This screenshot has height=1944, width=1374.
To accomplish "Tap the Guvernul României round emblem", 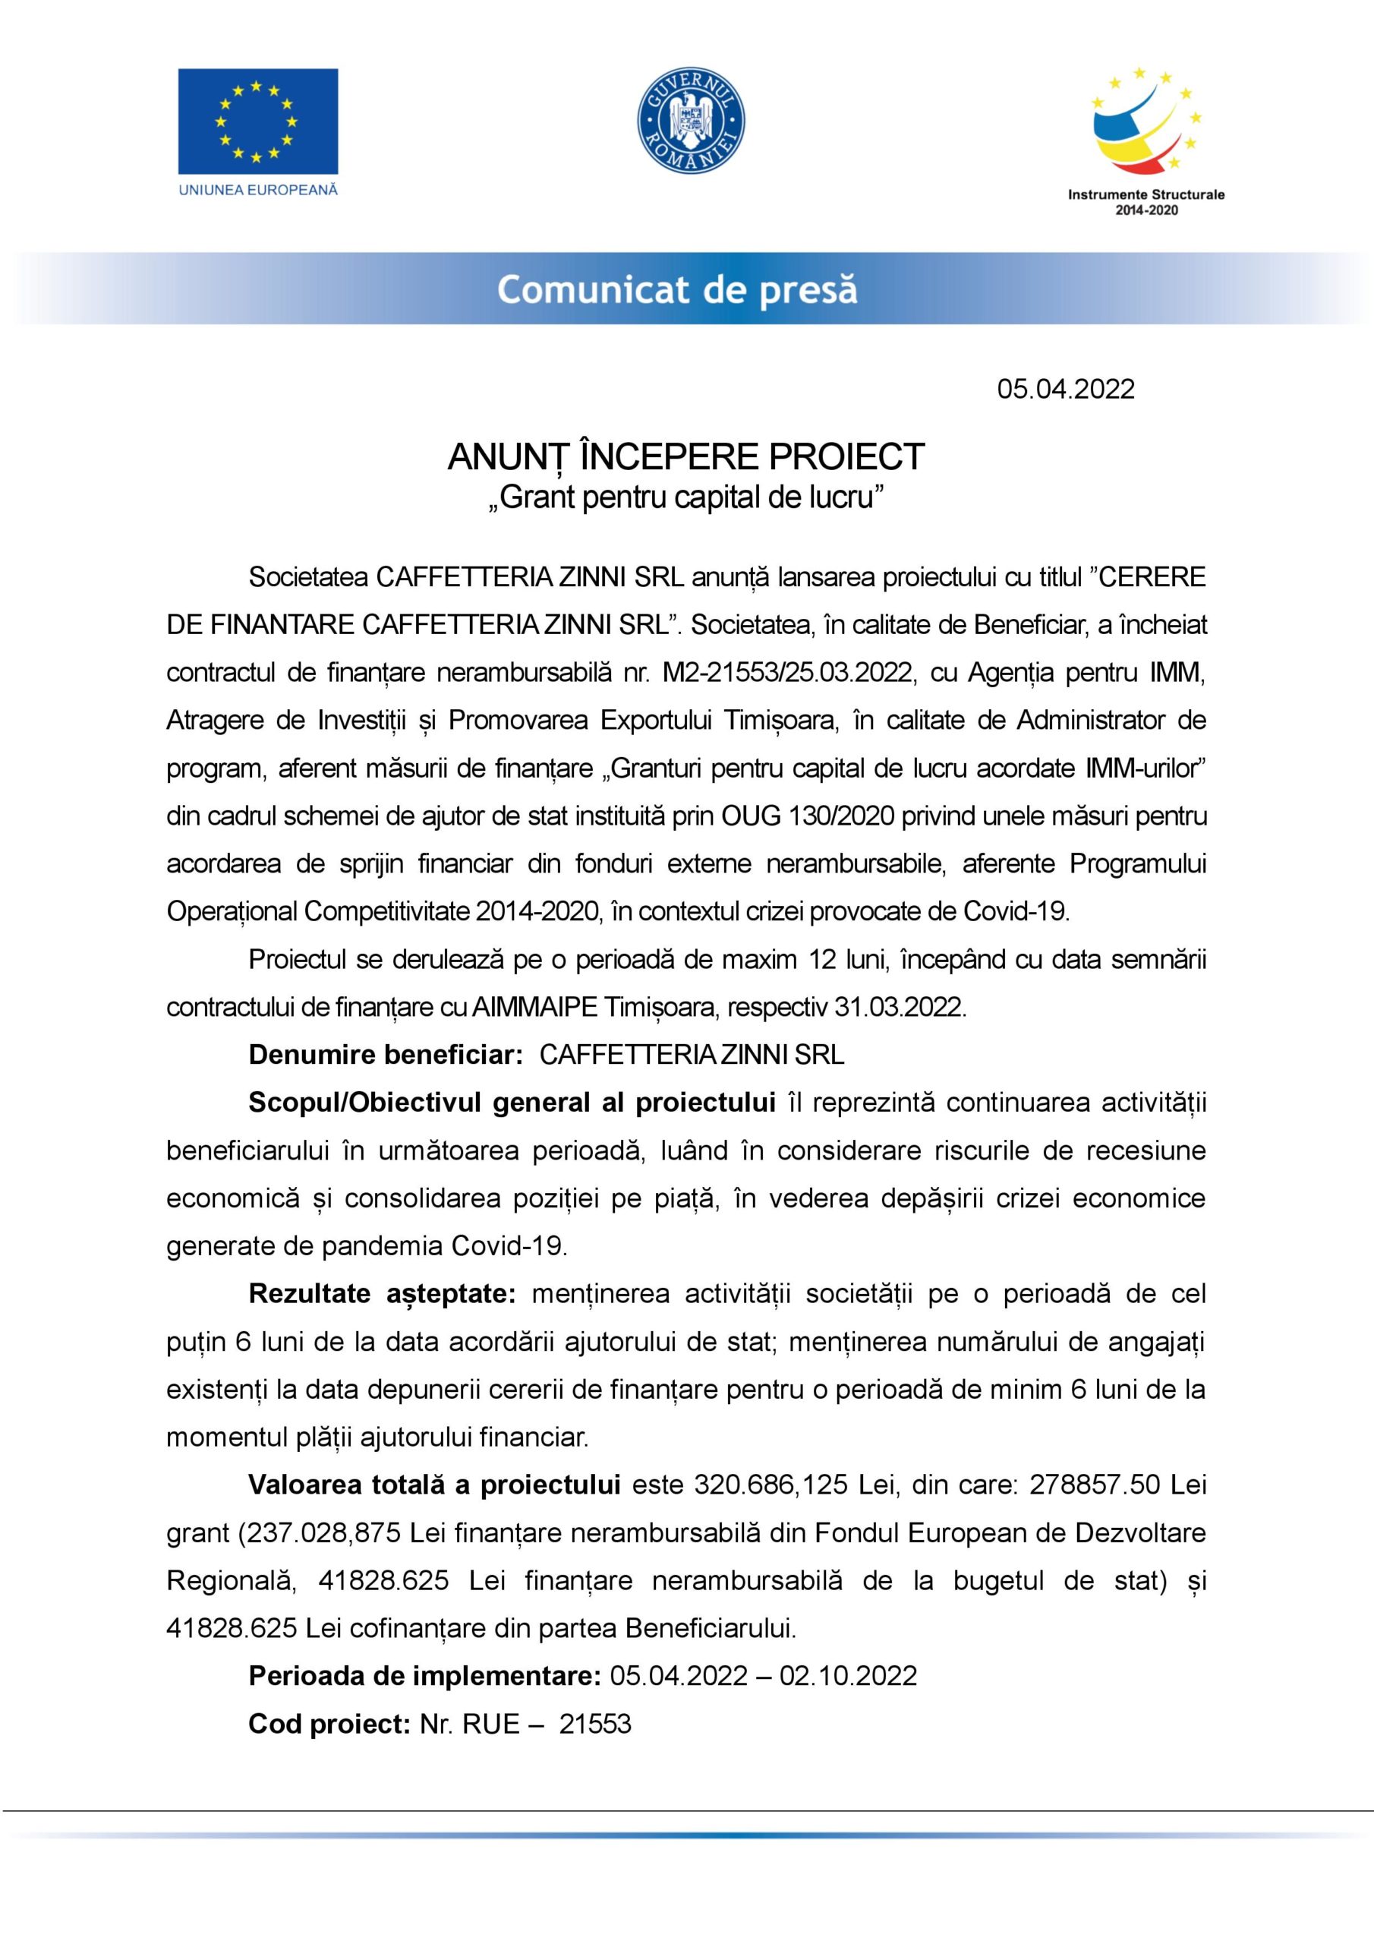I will point(690,121).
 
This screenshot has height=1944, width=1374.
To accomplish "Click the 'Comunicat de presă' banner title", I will point(677,289).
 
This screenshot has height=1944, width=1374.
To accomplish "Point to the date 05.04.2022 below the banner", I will point(1065,389).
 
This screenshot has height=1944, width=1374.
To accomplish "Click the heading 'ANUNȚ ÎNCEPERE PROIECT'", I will point(685,457).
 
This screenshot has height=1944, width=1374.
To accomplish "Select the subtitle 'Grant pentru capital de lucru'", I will point(685,497).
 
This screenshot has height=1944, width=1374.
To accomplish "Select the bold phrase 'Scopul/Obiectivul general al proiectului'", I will point(512,1103).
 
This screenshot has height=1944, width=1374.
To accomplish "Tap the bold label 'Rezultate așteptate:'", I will point(382,1295).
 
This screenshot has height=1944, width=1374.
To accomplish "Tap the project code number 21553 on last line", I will point(595,1724).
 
